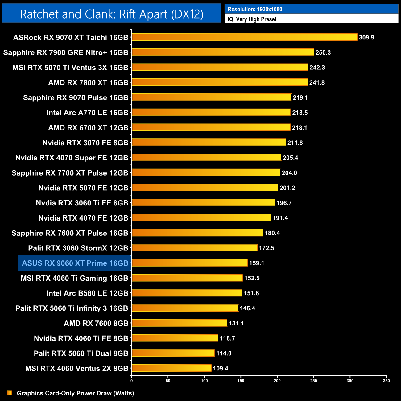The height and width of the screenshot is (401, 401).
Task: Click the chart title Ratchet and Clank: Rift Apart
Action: pyautogui.click(x=112, y=14)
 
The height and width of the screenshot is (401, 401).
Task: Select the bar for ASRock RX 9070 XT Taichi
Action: pyautogui.click(x=244, y=37)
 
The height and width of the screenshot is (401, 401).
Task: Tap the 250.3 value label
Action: pyautogui.click(x=323, y=52)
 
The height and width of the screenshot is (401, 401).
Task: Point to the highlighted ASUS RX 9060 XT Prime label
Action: pyautogui.click(x=75, y=263)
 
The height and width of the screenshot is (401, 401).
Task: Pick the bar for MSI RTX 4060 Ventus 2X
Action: pyautogui.click(x=172, y=368)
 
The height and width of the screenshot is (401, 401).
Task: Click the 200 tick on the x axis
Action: pyautogui.click(x=277, y=381)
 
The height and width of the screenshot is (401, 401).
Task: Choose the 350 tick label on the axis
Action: pyautogui.click(x=386, y=381)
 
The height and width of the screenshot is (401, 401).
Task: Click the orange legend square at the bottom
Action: pyautogui.click(x=9, y=393)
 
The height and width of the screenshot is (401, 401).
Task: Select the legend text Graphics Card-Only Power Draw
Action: pyautogui.click(x=75, y=393)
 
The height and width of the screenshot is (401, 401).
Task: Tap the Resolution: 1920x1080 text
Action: pyautogui.click(x=255, y=9)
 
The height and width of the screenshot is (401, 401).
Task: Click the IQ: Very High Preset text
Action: pyautogui.click(x=252, y=19)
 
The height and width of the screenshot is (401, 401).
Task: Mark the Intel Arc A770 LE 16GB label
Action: pyautogui.click(x=87, y=113)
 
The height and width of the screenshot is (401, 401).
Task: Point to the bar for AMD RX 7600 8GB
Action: pyautogui.click(x=179, y=323)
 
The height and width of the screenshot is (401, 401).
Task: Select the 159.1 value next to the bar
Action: pyautogui.click(x=257, y=263)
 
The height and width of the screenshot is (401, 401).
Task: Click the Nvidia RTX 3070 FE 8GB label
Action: pyautogui.click(x=85, y=143)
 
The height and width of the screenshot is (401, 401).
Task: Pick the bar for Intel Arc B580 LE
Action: pyautogui.click(x=187, y=293)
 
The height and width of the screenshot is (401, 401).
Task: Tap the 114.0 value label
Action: pyautogui.click(x=224, y=353)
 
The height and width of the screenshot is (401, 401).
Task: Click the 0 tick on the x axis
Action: pyautogui.click(x=132, y=381)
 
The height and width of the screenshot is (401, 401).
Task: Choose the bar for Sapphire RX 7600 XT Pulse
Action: pyautogui.click(x=197, y=233)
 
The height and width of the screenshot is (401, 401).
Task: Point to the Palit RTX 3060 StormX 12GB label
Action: pyautogui.click(x=78, y=248)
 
